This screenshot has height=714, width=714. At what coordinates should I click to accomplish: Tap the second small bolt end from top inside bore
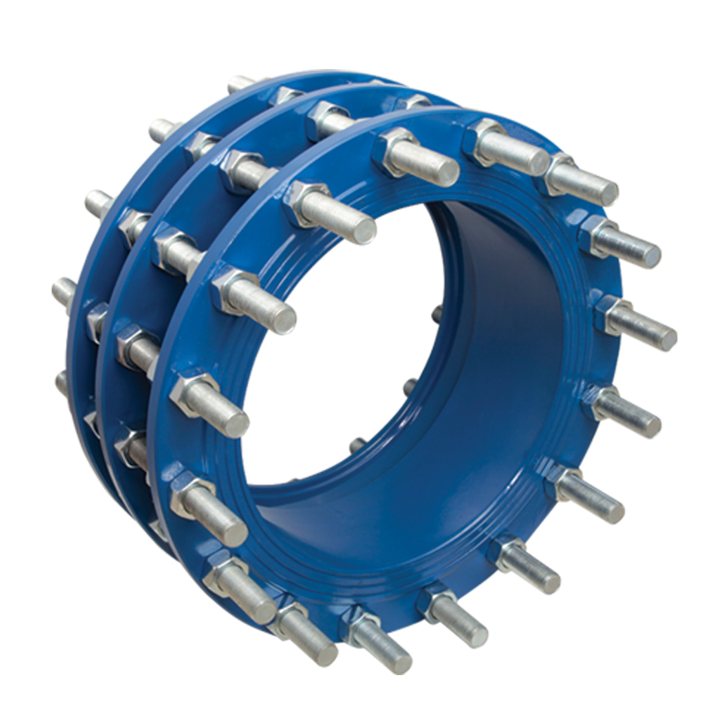[409, 387]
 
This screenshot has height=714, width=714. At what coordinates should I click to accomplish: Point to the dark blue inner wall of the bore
[508, 357]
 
